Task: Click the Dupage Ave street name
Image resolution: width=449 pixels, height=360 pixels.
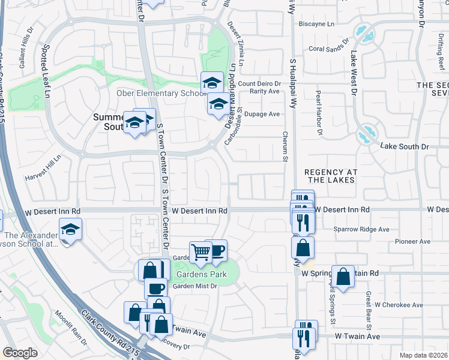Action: pos(262,113)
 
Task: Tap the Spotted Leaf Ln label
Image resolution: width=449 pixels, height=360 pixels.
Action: pos(46,69)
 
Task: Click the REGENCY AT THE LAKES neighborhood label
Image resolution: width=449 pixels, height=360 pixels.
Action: pos(331,176)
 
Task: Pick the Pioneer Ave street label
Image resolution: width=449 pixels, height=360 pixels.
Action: pos(413,241)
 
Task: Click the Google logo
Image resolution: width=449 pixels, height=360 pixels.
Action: pos(20,353)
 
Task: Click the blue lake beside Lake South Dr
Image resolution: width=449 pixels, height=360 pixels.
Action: pos(366,134)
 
